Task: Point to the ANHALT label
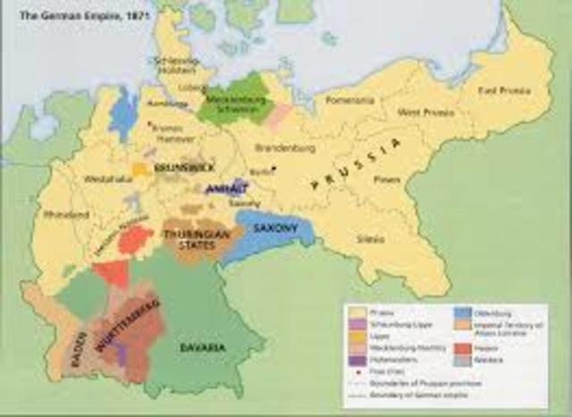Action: [221, 190]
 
